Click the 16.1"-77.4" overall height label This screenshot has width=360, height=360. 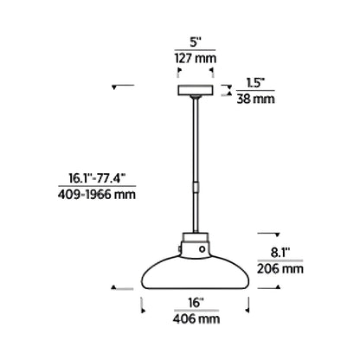point(98,180)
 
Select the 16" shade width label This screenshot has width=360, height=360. point(194,303)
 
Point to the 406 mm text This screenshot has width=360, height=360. point(194,318)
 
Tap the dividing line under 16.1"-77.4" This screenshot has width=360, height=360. point(98,188)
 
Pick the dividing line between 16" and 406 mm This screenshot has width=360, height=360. point(194,311)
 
